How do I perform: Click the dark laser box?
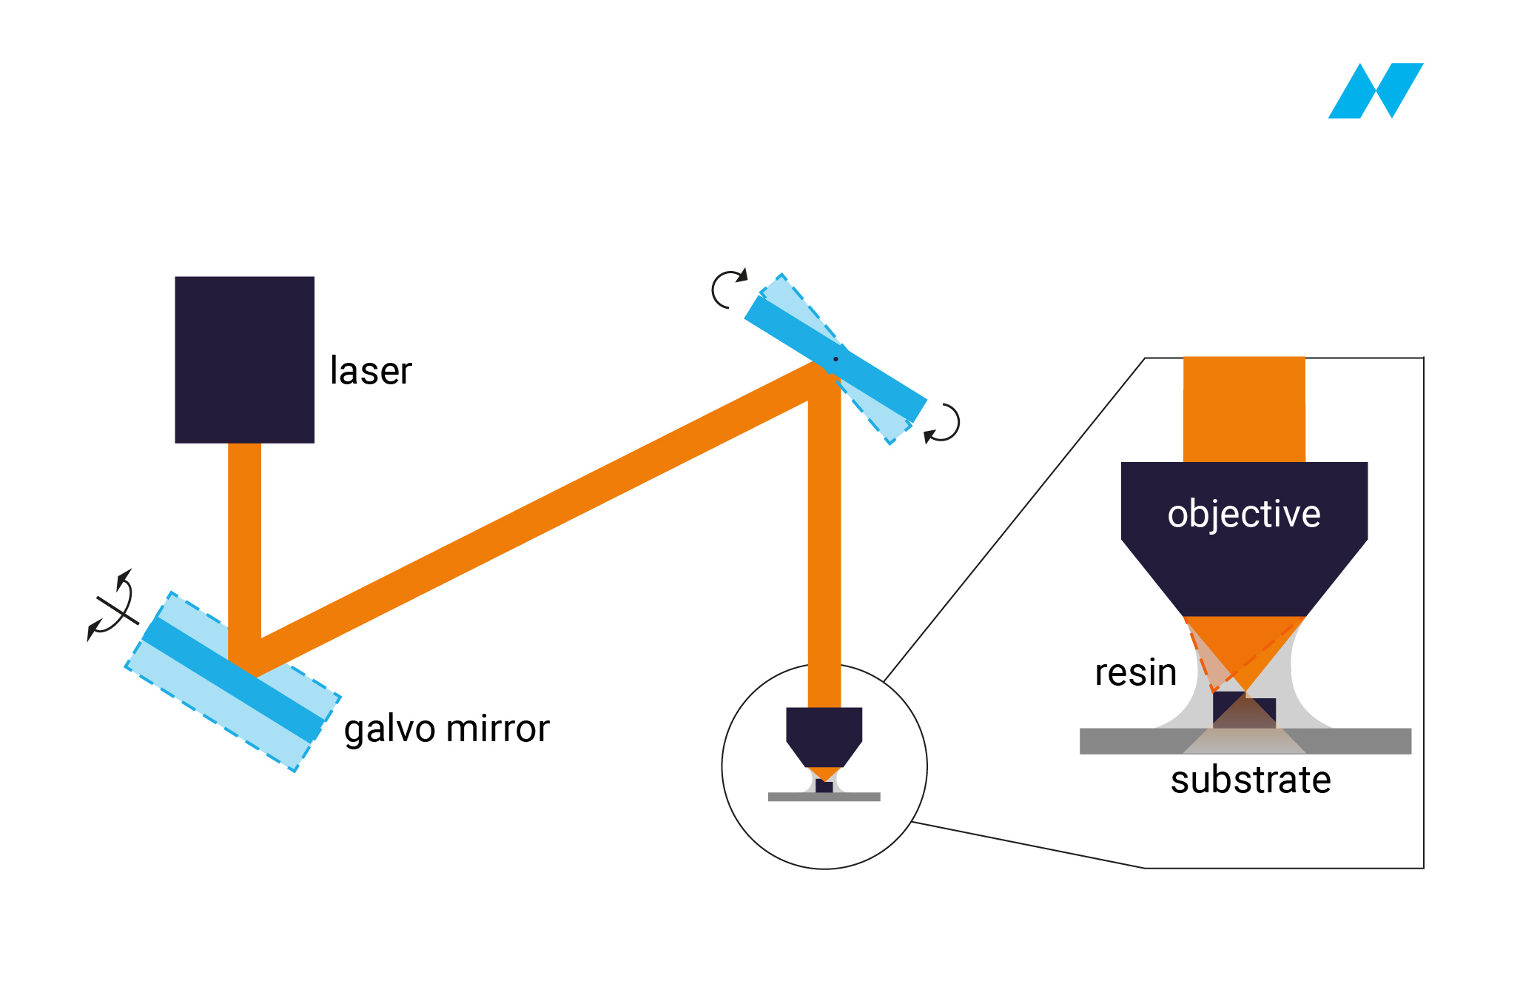point(244,360)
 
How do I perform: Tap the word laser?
point(371,370)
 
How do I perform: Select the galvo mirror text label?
point(446,729)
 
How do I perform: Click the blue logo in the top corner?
point(1376,90)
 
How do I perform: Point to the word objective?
point(1244,514)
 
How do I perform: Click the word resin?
point(1136,672)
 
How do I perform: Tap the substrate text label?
point(1251,780)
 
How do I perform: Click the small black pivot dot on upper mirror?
point(835,359)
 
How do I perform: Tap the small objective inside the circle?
point(824,737)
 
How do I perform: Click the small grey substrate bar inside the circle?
point(824,797)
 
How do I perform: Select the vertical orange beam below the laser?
point(244,552)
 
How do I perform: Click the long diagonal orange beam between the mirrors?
point(533,518)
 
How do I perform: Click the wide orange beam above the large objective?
point(1244,409)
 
